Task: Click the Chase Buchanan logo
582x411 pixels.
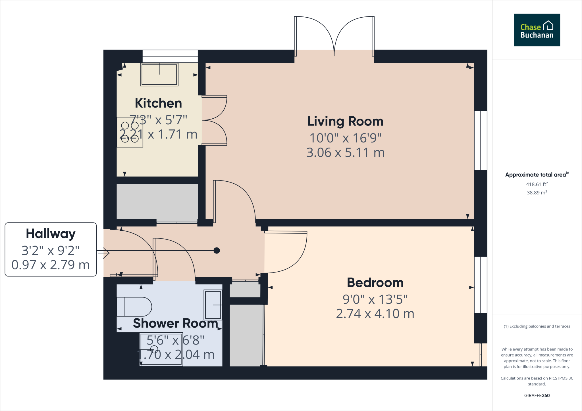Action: (537, 30)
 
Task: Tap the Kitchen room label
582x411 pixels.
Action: (158, 103)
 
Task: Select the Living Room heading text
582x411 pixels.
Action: (345, 121)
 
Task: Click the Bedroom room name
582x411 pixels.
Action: (375, 282)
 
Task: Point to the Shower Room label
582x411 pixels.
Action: (175, 323)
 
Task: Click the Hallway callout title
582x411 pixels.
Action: (51, 234)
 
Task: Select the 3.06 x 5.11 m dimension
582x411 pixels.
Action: (345, 153)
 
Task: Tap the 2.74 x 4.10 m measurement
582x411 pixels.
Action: (375, 314)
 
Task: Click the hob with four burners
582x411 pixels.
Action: (130, 132)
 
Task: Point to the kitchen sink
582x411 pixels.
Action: (159, 75)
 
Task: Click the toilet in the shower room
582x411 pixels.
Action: (134, 307)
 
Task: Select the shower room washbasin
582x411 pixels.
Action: (213, 305)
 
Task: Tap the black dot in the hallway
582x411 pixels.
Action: (217, 250)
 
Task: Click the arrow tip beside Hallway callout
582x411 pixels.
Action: (109, 253)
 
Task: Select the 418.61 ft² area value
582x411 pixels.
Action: (537, 184)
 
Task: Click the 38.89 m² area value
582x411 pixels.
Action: (537, 193)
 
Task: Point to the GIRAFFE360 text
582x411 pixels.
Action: (537, 395)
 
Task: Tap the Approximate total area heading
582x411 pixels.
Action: (536, 175)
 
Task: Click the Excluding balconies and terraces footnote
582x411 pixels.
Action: (537, 326)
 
